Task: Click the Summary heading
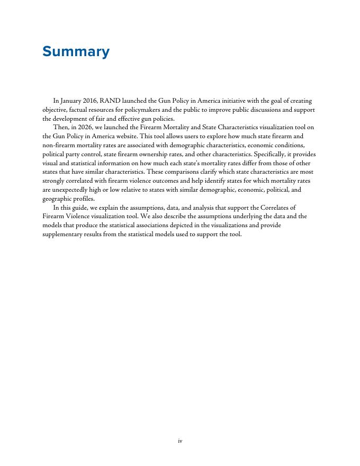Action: (76, 52)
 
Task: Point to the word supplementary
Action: (65, 235)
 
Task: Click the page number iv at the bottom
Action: (180, 440)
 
